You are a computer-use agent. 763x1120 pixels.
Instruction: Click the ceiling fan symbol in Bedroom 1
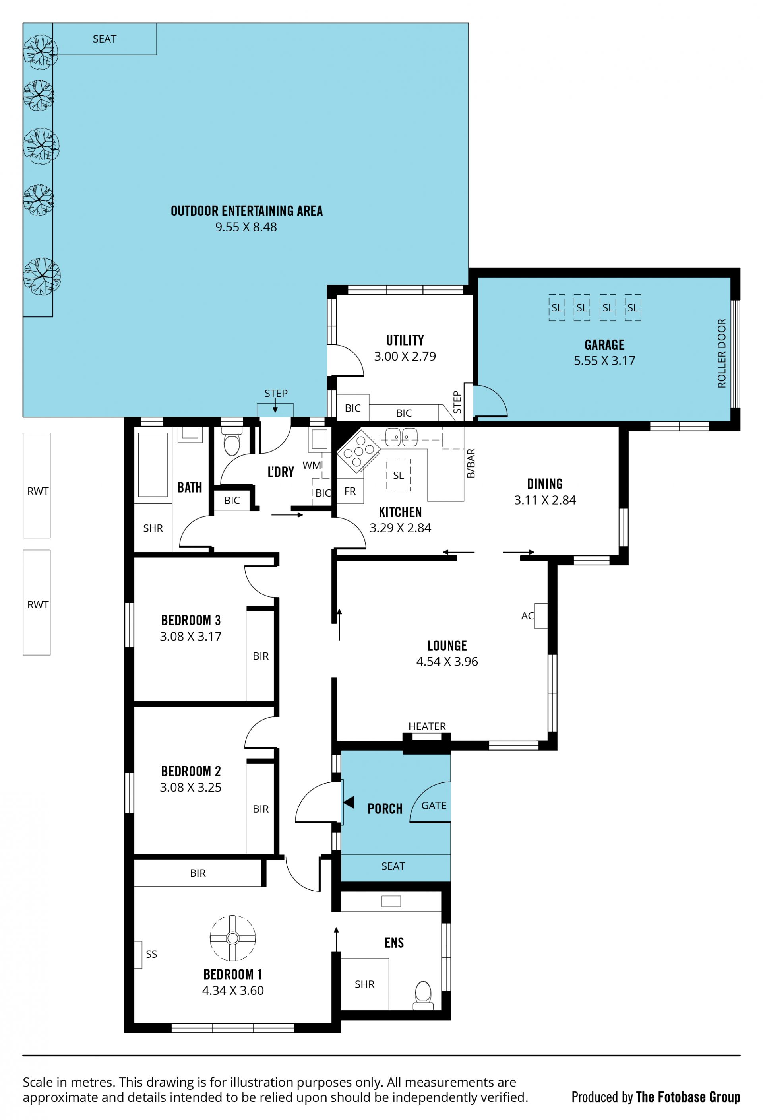[232, 938]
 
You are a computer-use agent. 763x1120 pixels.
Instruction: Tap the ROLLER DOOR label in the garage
[721, 353]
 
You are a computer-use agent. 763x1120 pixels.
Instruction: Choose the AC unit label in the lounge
[527, 615]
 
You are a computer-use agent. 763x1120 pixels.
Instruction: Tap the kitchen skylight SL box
[398, 475]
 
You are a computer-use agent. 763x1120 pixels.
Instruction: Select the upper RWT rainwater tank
[37, 485]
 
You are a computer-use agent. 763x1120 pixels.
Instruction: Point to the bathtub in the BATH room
[153, 464]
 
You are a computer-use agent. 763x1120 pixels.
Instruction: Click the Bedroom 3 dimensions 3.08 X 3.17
[191, 636]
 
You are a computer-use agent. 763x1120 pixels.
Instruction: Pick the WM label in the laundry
[312, 465]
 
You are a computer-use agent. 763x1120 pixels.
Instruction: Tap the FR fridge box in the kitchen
[350, 491]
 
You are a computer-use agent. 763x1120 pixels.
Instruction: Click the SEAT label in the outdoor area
[105, 39]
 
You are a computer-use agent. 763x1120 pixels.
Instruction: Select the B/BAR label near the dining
[471, 463]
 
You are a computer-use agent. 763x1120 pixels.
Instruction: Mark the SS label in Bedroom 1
[151, 954]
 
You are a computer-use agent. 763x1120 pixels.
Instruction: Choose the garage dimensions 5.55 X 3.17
[604, 361]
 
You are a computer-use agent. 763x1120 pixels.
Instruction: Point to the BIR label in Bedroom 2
[261, 809]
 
